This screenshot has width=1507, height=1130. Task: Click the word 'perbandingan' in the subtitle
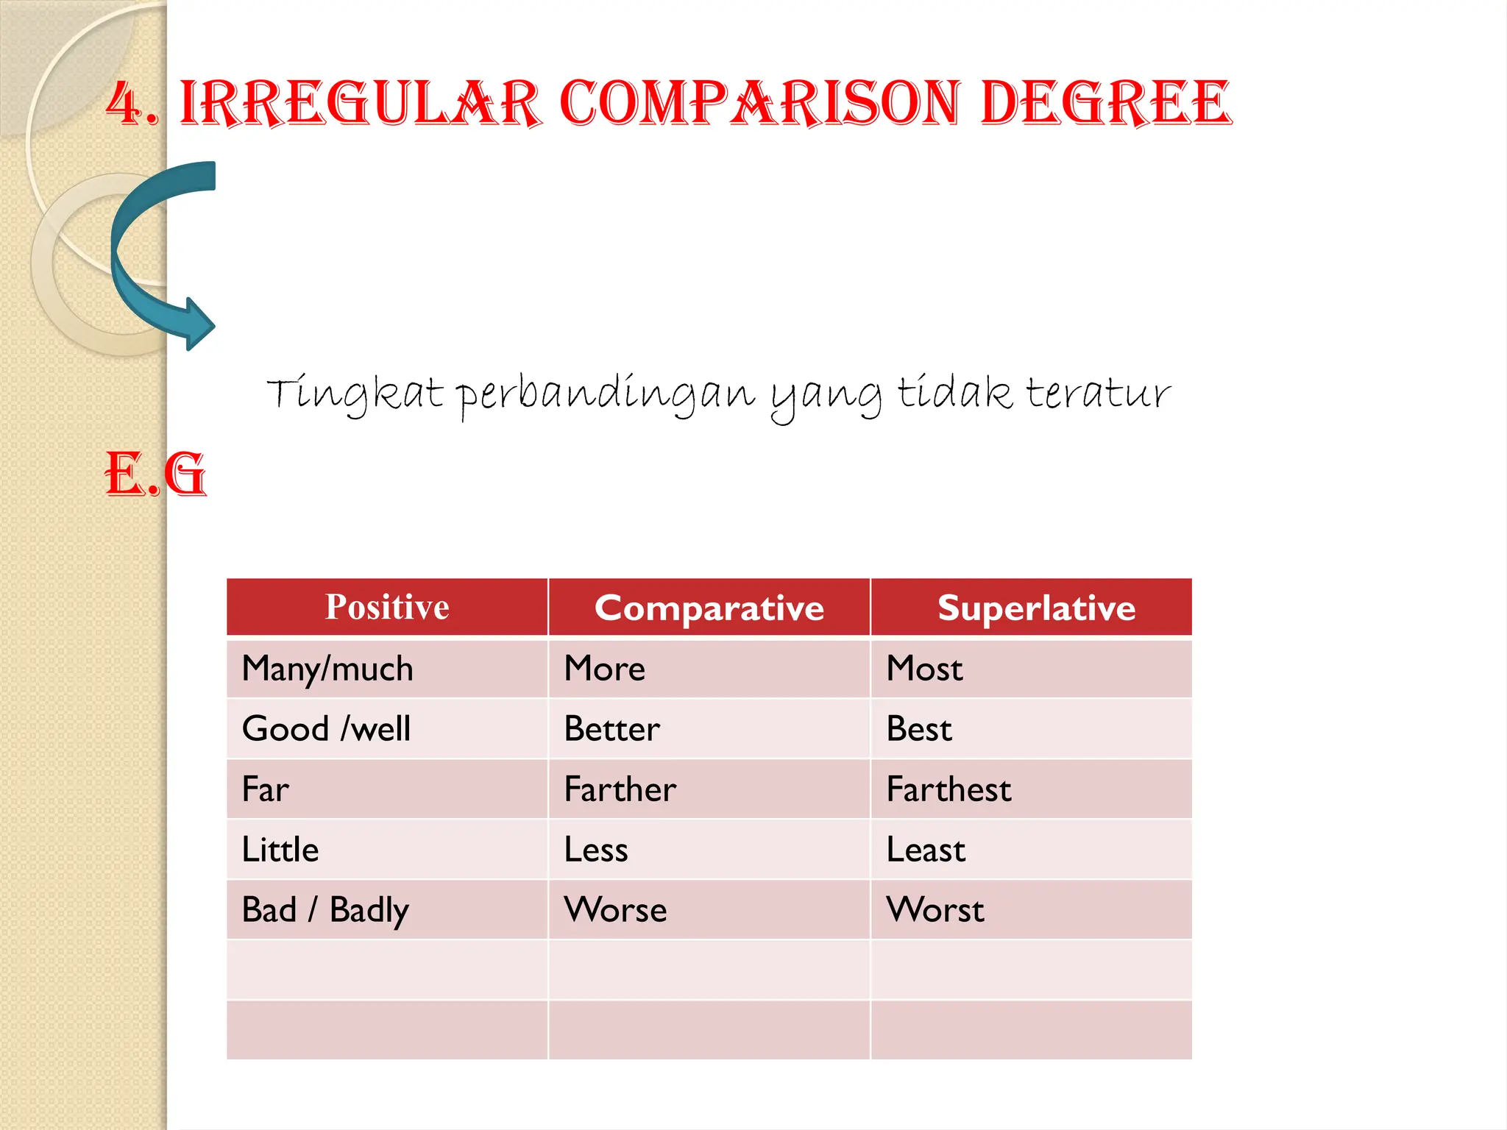[x=605, y=395]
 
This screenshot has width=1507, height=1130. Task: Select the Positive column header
[x=387, y=608]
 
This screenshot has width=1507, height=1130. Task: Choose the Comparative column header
[x=709, y=608]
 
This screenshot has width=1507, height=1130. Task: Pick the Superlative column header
[x=1036, y=608]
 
